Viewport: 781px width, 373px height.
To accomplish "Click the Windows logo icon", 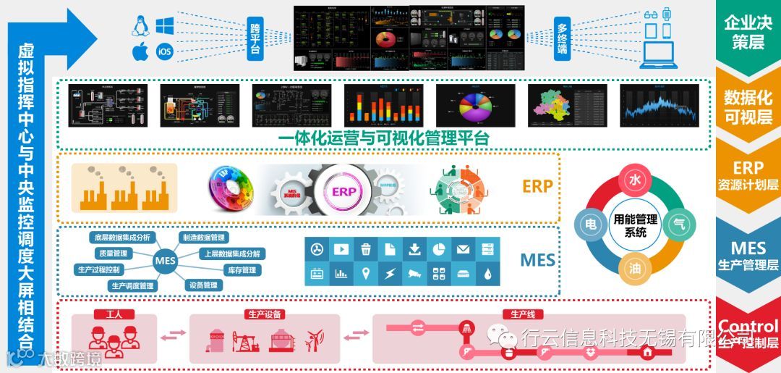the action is coord(164,26).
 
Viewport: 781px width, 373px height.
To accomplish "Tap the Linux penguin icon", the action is coord(140,26).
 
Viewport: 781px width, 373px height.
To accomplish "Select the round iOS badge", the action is coord(164,52).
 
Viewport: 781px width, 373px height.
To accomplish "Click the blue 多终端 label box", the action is coord(562,38).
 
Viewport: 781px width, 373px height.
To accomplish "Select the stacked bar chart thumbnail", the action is coord(383,106).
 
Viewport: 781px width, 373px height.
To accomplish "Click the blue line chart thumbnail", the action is coord(659,106).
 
